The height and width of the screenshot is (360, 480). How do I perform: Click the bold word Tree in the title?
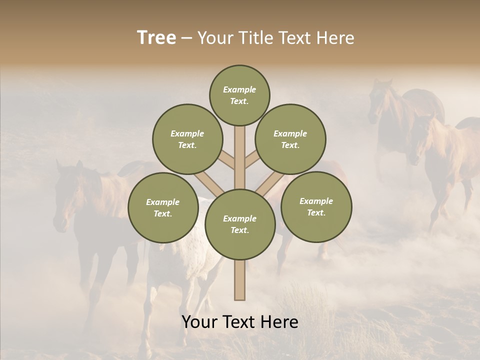156,38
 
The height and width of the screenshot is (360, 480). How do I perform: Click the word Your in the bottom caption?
200,322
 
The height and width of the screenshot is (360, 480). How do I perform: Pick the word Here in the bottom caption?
281,322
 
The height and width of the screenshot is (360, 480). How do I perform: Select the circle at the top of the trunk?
239,95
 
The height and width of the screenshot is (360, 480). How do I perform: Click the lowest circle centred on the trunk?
240,224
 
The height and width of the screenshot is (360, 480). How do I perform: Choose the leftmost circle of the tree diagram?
163,207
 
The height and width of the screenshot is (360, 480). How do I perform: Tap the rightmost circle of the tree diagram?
316,206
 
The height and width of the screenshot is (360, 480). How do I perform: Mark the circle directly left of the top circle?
187,139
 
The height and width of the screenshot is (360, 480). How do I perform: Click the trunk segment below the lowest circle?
240,280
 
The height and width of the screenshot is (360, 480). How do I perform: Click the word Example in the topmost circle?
239,89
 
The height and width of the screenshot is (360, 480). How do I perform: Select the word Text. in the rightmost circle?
316,212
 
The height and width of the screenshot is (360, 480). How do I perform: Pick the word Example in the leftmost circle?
162,202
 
